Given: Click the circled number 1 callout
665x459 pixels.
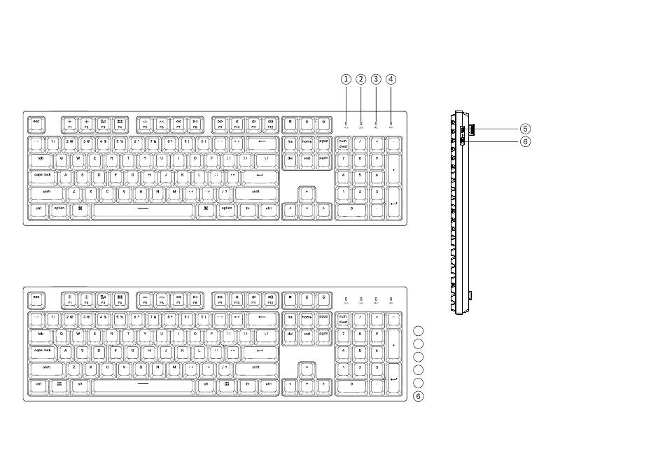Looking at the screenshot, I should click(x=346, y=79).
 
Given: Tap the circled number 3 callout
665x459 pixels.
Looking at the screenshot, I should click(x=376, y=79).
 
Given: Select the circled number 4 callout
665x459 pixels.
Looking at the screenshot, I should click(x=391, y=79).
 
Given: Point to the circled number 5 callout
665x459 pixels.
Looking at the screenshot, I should click(x=526, y=129).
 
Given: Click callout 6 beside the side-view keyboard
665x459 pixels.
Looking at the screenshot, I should click(x=526, y=141).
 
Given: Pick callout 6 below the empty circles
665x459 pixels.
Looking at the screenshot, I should click(x=419, y=397).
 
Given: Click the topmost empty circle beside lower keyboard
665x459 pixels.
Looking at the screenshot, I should click(x=419, y=330).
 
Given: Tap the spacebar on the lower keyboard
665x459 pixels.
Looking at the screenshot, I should click(x=143, y=384).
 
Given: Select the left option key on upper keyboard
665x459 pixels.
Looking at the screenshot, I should click(x=59, y=209).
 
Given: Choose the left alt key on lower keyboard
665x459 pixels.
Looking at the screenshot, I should click(x=80, y=384).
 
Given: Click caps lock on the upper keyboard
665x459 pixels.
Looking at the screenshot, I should click(x=44, y=175).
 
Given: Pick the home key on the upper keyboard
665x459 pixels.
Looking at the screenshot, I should click(x=307, y=142).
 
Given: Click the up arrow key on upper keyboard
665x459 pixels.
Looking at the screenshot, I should click(x=307, y=192).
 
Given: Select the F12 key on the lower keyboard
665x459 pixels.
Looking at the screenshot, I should click(x=269, y=299).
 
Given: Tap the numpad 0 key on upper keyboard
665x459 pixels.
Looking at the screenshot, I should click(x=351, y=209).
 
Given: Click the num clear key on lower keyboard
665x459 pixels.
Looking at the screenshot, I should click(x=343, y=318).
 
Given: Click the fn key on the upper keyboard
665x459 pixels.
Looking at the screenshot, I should click(x=247, y=209).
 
